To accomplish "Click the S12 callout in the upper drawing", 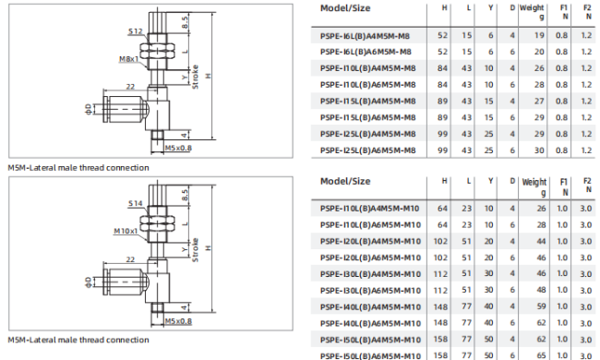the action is click(x=136, y=31).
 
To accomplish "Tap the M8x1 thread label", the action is click(x=128, y=59).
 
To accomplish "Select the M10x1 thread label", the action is click(x=126, y=231).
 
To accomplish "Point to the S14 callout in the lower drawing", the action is click(x=136, y=203).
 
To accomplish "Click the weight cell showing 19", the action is click(x=540, y=36).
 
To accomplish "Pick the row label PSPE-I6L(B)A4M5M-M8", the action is click(x=365, y=36).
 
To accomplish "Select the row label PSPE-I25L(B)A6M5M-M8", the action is click(x=367, y=150).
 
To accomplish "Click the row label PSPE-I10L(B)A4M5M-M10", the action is click(x=369, y=209).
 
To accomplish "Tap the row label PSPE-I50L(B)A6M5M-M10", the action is click(x=370, y=356).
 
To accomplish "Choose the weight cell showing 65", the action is click(x=542, y=355).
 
